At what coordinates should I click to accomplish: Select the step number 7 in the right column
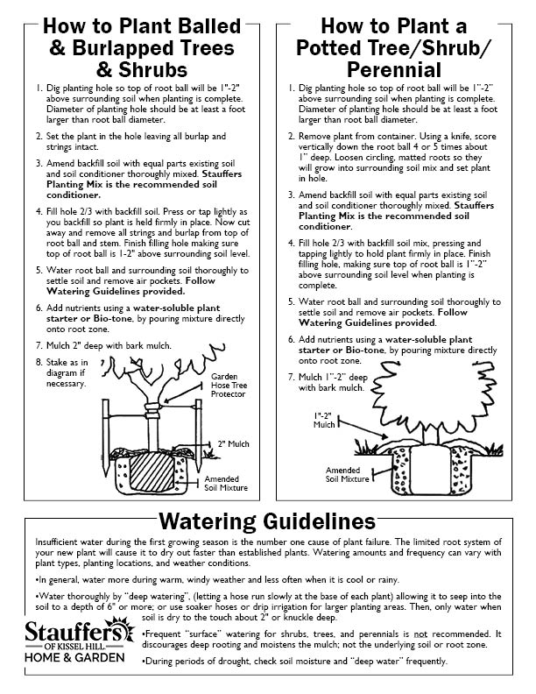[292, 377]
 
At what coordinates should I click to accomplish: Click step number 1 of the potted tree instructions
[292, 89]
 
